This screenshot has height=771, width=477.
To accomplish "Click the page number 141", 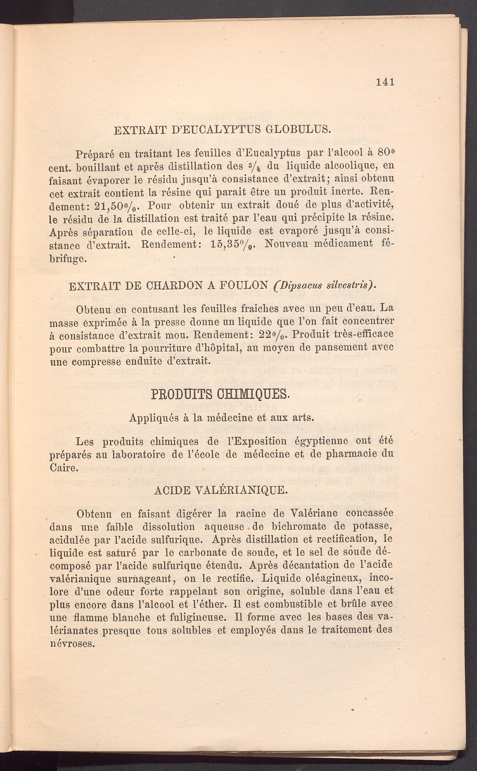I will [x=385, y=82].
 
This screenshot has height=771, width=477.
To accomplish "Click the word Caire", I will [x=63, y=467].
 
